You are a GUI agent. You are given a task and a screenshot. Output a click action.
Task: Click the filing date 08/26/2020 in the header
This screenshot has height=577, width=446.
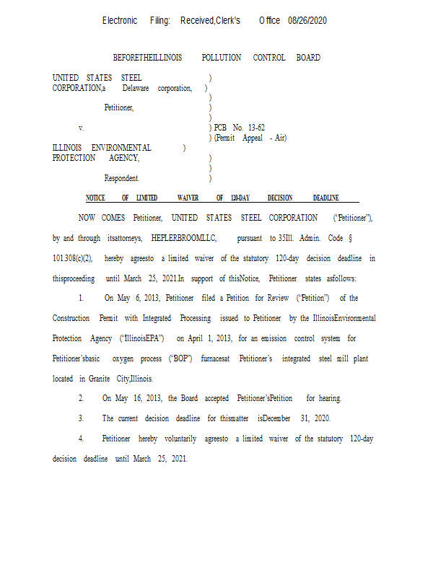tap(307, 21)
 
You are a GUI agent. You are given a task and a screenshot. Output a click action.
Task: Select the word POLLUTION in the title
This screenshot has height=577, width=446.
tap(222, 58)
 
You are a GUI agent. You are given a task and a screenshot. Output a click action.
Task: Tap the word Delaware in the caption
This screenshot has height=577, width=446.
tap(136, 88)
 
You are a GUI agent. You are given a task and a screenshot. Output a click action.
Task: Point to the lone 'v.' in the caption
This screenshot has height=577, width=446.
tap(82, 128)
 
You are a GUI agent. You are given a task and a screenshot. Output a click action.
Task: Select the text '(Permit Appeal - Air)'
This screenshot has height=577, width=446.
tap(250, 138)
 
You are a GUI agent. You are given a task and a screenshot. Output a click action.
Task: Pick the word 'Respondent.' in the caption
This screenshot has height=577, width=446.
tap(122, 178)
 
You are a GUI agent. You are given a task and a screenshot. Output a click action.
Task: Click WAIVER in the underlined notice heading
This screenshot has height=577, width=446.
tap(188, 198)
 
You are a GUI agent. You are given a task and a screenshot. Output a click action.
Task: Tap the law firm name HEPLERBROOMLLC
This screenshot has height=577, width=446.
tap(179, 238)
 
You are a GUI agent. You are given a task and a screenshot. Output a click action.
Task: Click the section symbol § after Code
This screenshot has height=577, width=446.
tap(350, 238)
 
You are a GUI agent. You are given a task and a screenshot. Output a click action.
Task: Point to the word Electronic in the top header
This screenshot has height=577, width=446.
tap(120, 21)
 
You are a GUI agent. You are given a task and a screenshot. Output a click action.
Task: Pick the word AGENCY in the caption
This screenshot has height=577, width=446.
tap(124, 158)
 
